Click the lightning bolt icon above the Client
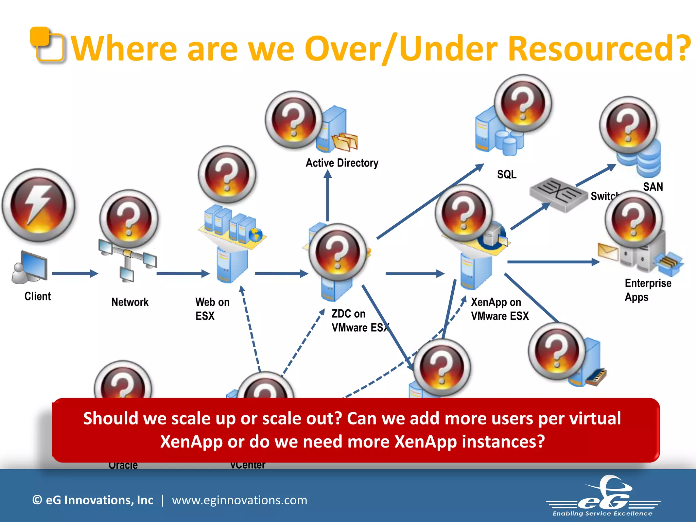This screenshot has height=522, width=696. pos(38,205)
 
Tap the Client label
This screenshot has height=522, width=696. pos(37,296)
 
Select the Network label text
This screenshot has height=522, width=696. pos(130,302)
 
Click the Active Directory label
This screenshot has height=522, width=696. pos(342,163)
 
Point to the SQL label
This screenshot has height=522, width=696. pos(507,175)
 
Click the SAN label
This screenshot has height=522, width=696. pos(653,187)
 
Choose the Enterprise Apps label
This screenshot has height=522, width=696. pos(648,290)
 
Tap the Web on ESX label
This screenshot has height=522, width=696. pos(212,309)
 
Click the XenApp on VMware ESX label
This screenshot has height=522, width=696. pos(500,309)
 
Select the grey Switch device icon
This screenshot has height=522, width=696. pos(558,195)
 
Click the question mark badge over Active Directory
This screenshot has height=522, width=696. pos(294,120)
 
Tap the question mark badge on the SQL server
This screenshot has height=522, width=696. pos(523,103)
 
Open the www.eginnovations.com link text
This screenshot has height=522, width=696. pos(239,500)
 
